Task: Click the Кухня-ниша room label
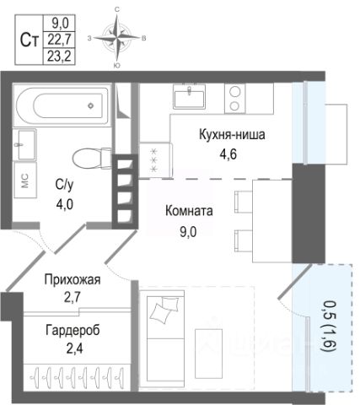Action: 232,135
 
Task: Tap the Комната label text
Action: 189,211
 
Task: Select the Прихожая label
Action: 73,280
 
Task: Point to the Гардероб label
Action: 73,330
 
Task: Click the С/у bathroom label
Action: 64,185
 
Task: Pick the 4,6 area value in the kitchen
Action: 228,154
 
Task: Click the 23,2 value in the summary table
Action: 59,57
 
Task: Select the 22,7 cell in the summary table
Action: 59,40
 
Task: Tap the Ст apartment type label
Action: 30,40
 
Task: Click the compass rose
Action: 117,38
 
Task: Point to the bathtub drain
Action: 90,106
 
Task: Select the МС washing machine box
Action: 25,180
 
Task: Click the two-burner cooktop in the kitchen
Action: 234,99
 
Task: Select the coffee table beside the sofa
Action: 208,354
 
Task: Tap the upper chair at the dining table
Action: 244,202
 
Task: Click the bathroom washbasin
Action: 25,144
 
